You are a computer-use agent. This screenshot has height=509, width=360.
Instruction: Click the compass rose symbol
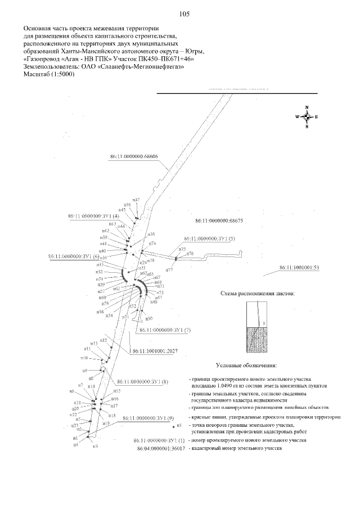307,117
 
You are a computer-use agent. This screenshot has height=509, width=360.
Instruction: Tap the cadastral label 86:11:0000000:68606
134,157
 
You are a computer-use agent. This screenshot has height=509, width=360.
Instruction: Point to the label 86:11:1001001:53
299,267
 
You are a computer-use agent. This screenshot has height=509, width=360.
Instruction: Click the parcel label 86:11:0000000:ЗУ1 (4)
93,215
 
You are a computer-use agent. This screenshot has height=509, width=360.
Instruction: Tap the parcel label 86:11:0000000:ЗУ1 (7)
165,330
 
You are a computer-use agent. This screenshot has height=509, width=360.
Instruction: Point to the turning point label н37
136,200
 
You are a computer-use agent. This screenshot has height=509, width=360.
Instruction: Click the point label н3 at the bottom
95,445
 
